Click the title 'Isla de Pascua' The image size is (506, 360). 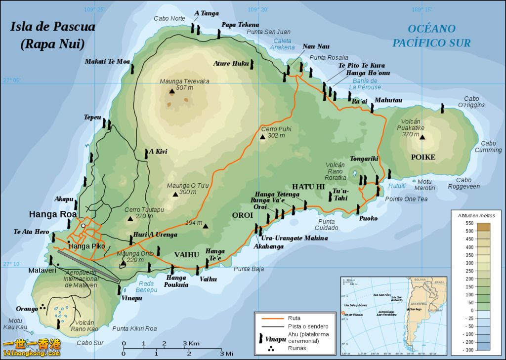pos(52,27)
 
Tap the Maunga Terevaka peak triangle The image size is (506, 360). pos(171,91)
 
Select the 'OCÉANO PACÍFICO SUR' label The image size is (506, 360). pos(431,36)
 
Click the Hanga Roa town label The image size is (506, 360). pos(52,214)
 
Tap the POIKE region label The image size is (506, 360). pos(423,157)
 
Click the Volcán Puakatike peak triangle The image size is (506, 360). pos(422,137)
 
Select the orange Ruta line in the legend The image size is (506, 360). pos(270,319)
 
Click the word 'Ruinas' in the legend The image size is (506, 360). pos(296,348)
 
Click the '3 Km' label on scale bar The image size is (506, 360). pos(191,343)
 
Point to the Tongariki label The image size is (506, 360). pos(364,159)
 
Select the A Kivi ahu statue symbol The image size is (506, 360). pos(146,154)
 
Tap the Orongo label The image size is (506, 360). pos(27,309)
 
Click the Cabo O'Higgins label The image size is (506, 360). pos(471,102)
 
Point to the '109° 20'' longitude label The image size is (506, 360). pos(258,9)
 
